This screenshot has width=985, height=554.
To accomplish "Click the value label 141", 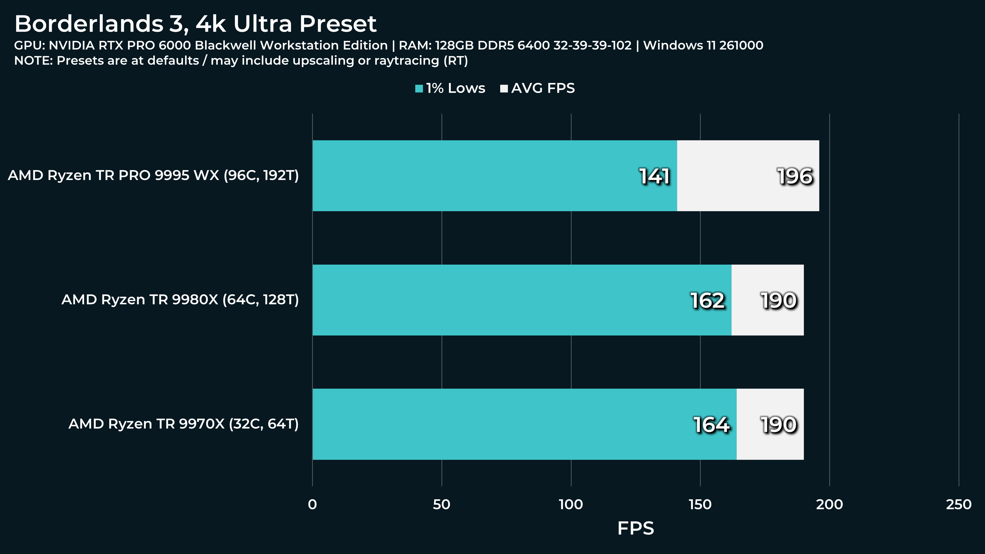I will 654,176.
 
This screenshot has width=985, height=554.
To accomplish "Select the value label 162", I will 707,300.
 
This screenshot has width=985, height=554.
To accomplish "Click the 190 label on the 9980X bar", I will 778,300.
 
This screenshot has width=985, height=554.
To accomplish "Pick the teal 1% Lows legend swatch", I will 419,89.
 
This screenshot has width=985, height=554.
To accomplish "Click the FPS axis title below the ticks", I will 635,528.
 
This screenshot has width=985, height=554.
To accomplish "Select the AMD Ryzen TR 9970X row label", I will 183,424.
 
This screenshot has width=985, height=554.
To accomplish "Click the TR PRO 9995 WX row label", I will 153,175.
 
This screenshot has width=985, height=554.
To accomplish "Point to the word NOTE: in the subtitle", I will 33,60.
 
